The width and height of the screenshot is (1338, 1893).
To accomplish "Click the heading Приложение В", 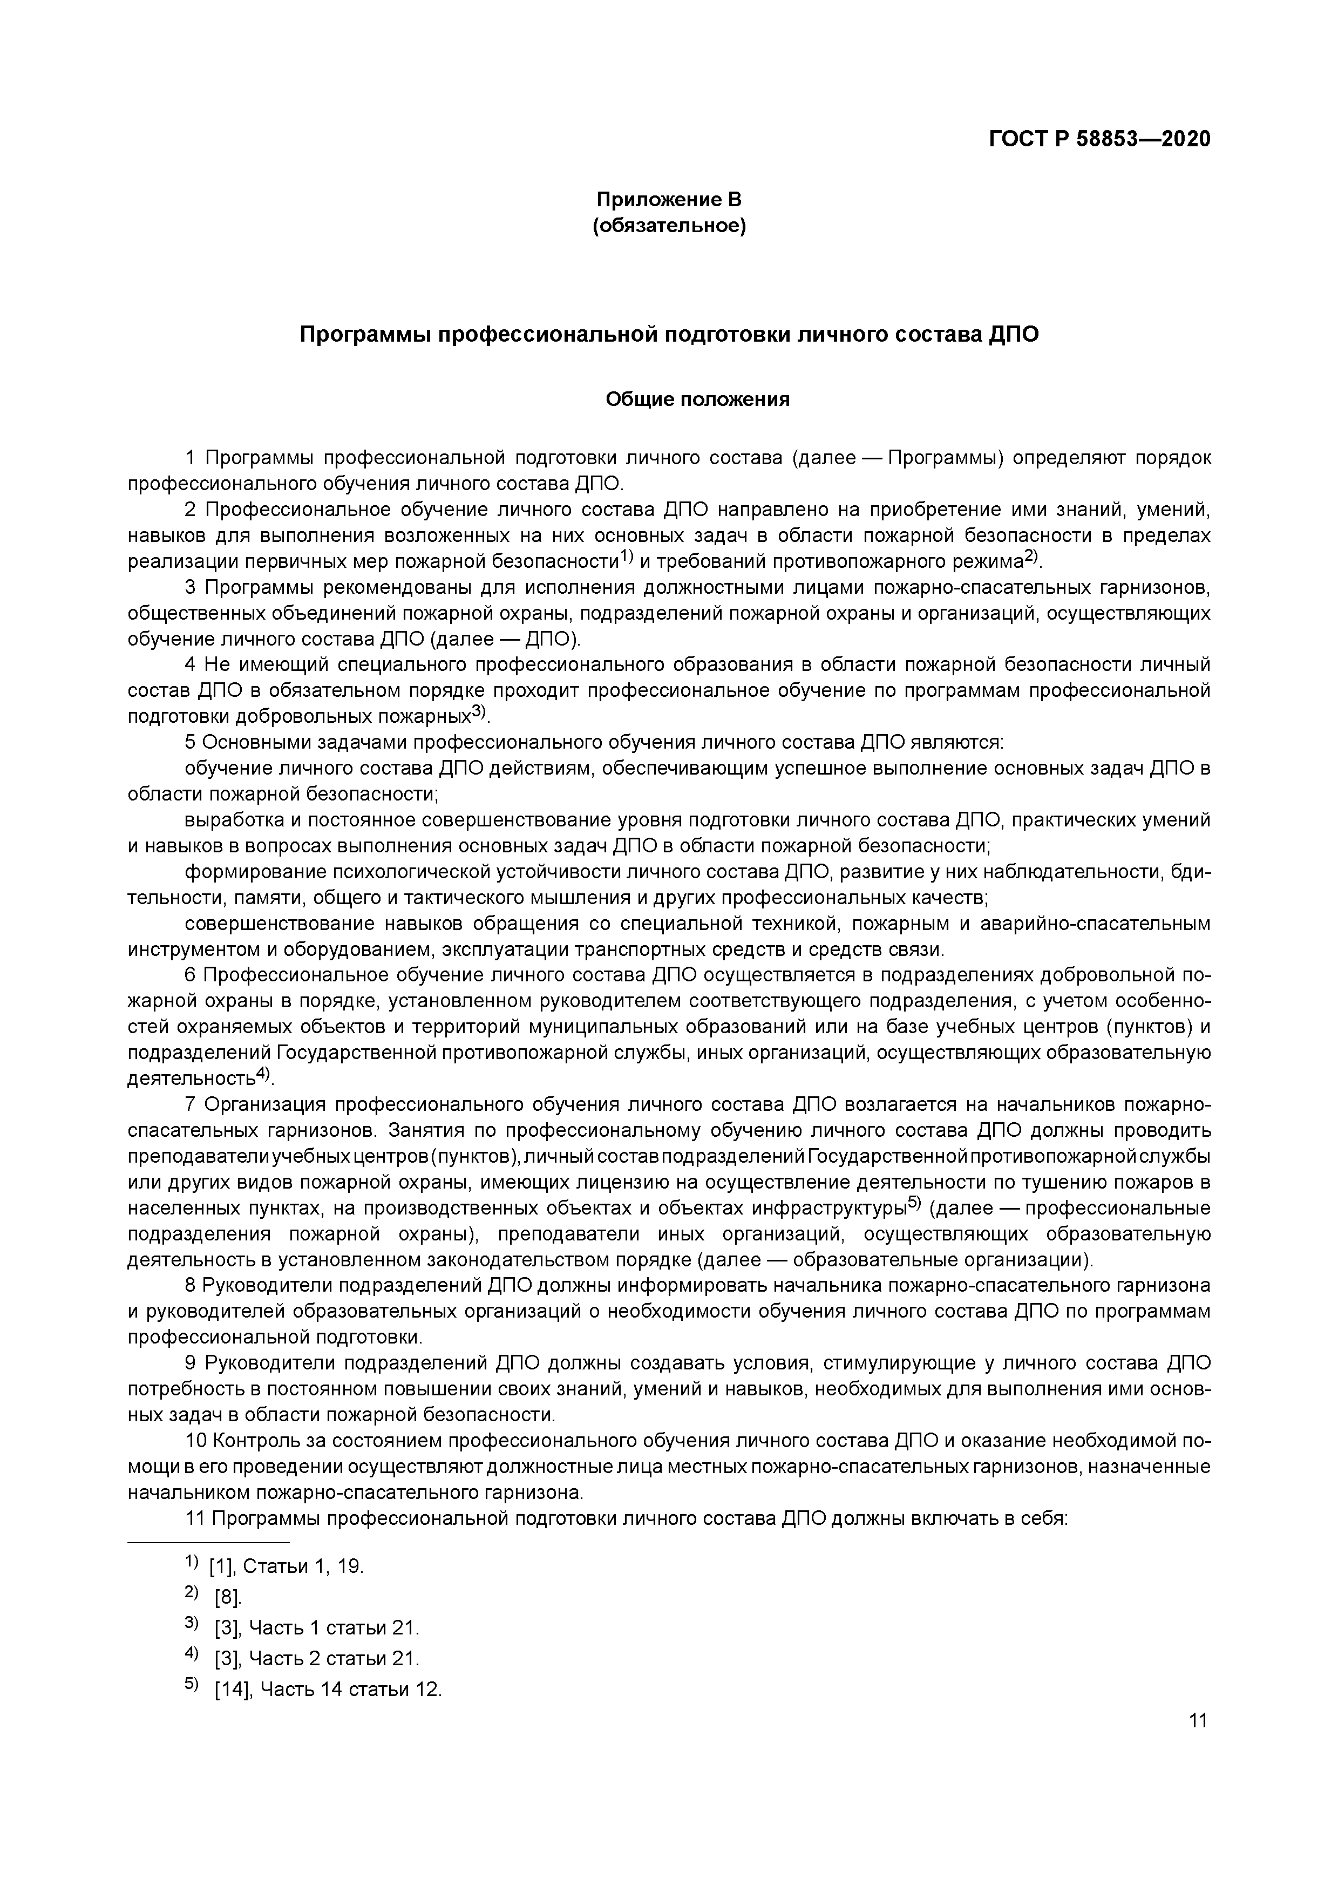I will (x=669, y=200).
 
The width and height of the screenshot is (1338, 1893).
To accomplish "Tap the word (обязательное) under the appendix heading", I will (x=669, y=226).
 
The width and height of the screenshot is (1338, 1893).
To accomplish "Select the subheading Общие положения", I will (x=697, y=400).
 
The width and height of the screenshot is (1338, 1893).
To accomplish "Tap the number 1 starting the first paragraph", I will (x=191, y=458).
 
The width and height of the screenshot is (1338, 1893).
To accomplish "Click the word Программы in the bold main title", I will (x=363, y=335).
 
